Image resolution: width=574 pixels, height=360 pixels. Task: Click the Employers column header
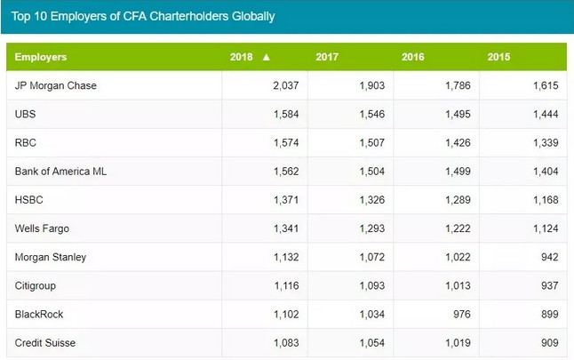tap(41, 58)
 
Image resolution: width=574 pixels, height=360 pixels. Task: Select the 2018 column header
tap(241, 58)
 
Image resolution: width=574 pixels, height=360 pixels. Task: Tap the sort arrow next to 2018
tap(266, 58)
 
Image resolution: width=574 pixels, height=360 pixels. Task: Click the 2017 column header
tap(327, 58)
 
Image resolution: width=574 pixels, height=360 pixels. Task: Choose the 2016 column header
tap(413, 58)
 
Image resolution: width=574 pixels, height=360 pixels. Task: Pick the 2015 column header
tap(499, 58)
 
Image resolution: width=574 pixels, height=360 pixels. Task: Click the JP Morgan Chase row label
tap(56, 86)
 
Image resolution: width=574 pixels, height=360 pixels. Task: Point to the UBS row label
tap(26, 115)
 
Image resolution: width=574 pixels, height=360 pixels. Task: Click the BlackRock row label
tap(39, 314)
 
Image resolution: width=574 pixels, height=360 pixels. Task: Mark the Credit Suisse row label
tap(46, 342)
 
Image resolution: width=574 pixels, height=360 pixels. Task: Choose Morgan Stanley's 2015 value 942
tap(548, 257)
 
